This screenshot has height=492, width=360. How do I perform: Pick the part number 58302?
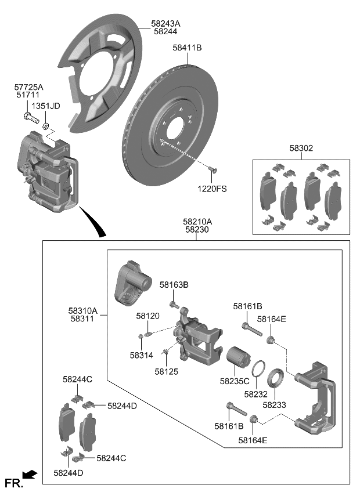point(301,149)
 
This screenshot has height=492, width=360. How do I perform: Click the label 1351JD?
point(45,106)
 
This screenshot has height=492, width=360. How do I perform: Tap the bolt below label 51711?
point(29,118)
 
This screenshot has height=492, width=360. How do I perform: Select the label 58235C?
point(235,381)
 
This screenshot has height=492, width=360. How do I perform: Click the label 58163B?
point(174,285)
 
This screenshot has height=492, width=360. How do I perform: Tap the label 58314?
point(141,354)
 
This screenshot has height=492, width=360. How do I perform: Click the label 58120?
point(147,316)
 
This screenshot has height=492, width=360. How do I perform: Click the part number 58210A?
point(197,222)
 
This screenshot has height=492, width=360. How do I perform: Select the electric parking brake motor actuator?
point(132,283)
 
